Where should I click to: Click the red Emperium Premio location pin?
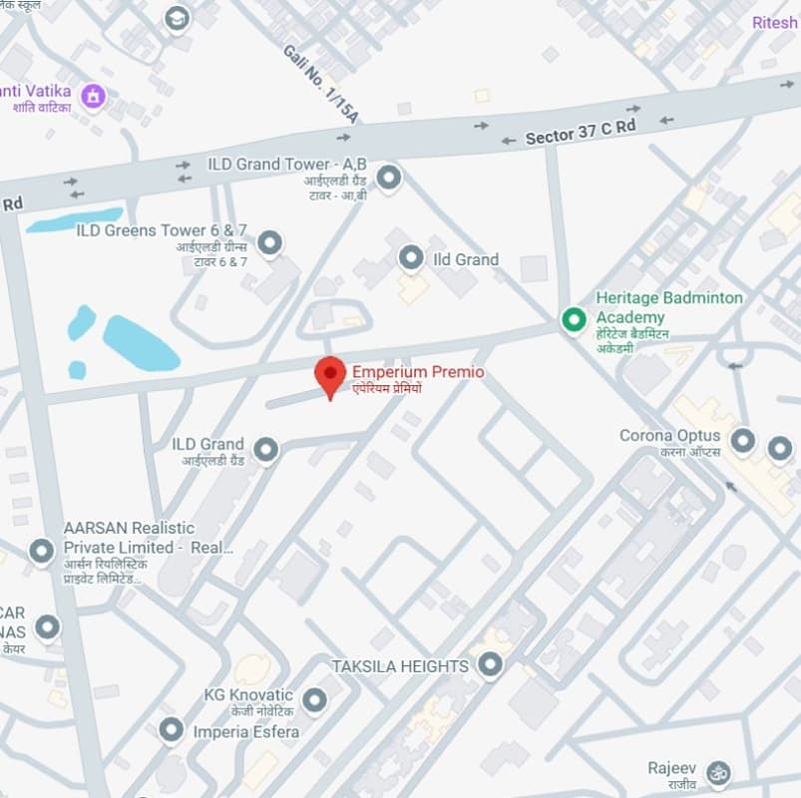click(x=330, y=375)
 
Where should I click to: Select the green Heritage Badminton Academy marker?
click(x=574, y=319)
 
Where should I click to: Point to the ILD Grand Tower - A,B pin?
click(x=388, y=178)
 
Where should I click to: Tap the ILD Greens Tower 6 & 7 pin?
click(x=269, y=242)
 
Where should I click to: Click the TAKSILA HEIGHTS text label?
click(x=400, y=665)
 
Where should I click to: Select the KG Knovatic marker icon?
click(x=315, y=700)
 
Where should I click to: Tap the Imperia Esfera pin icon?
click(x=172, y=731)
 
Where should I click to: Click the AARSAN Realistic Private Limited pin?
click(x=41, y=551)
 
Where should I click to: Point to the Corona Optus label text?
click(x=670, y=436)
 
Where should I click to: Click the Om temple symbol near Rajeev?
click(x=717, y=772)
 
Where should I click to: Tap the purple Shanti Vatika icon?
click(x=94, y=96)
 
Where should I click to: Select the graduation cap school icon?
click(x=177, y=18)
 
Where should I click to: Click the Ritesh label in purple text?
click(x=774, y=22)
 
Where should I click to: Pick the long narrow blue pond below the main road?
click(x=75, y=219)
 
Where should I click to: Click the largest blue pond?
click(x=140, y=343)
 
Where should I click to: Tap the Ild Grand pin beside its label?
click(x=411, y=259)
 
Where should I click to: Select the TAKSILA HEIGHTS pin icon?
click(x=490, y=664)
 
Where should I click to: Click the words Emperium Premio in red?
click(x=418, y=372)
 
